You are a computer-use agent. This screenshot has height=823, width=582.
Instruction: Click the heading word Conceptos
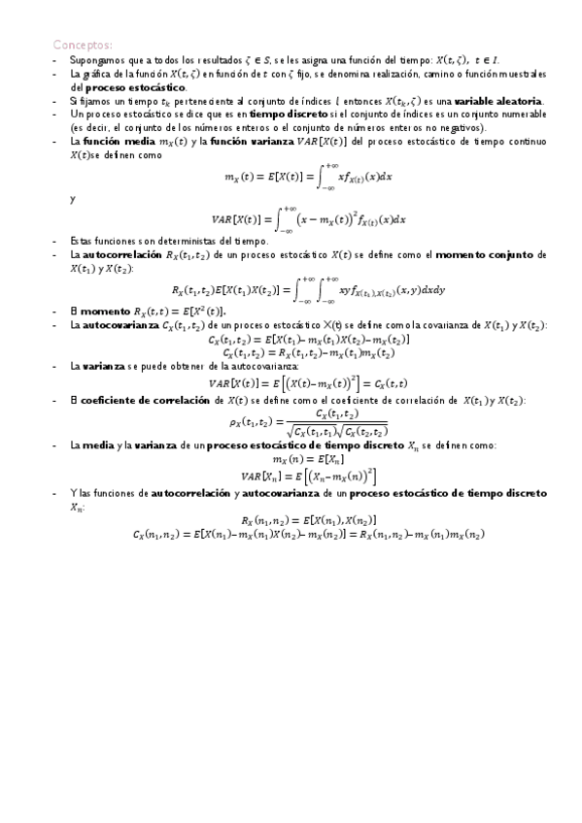pyautogui.click(x=82, y=45)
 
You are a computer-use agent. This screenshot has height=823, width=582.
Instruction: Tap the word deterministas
pyautogui.click(x=170, y=240)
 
